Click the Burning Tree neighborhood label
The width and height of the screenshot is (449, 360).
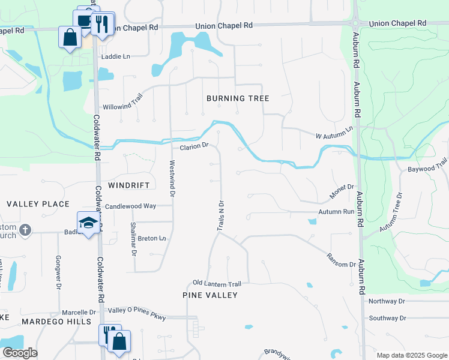[x=238, y=98]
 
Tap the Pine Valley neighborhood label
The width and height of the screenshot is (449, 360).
[x=210, y=295]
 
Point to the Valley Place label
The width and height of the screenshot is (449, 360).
[x=38, y=204]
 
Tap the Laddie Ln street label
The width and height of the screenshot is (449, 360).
[x=116, y=56]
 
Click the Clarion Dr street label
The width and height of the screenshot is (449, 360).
[x=193, y=146]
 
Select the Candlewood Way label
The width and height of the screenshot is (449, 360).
[x=130, y=206]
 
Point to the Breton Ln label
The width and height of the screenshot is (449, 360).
[x=152, y=238]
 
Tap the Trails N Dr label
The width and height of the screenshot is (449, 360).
[x=220, y=216]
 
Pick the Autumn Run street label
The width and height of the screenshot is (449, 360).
[x=336, y=212]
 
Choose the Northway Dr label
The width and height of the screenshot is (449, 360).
[x=387, y=301]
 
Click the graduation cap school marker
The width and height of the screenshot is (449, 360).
[x=88, y=223]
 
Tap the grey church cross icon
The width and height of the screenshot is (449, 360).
[x=25, y=230]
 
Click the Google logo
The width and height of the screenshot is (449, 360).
[x=20, y=353]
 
